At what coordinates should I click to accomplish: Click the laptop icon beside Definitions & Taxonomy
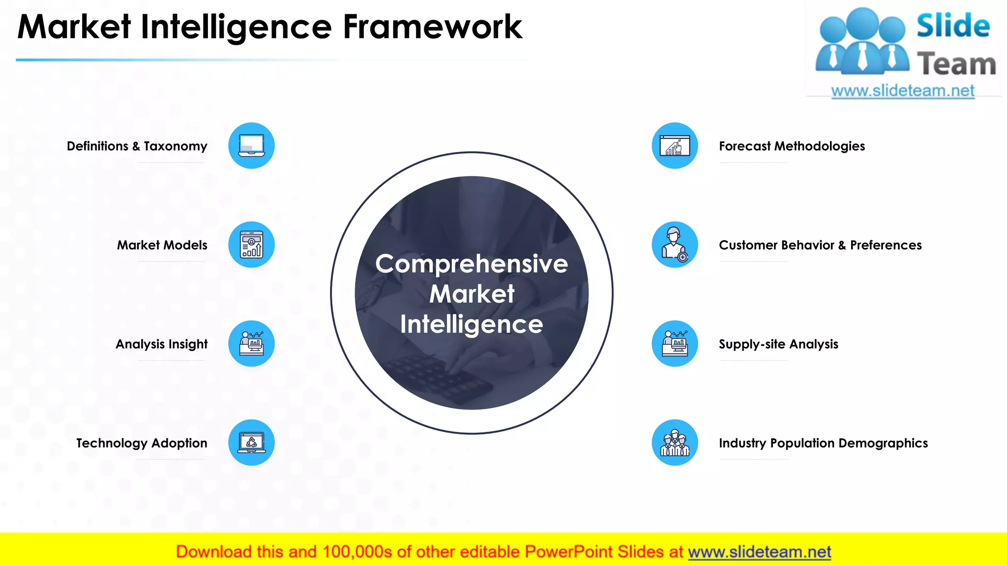tap(251, 145)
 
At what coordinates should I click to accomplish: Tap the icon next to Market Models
tap(251, 245)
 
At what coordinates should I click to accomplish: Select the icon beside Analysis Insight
tap(251, 343)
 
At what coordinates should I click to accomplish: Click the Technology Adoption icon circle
tap(251, 442)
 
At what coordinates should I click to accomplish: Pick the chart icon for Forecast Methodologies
tap(675, 145)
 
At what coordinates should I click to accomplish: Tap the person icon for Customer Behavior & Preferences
tap(675, 245)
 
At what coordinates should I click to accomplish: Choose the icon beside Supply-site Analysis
tap(675, 343)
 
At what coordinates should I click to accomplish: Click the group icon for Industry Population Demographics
tap(675, 442)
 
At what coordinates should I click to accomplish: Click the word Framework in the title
tap(432, 27)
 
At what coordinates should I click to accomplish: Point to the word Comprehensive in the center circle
tap(472, 264)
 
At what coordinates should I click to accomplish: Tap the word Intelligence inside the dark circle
tap(472, 324)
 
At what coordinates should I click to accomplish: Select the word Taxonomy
tap(176, 146)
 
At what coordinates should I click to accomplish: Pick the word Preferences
tap(886, 245)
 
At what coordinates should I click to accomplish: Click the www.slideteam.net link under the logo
tap(903, 91)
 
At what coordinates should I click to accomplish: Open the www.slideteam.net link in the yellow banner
tap(759, 552)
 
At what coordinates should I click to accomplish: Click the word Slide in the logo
tap(953, 26)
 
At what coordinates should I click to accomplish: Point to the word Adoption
tap(179, 443)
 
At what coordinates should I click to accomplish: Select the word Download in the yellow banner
tap(213, 552)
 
